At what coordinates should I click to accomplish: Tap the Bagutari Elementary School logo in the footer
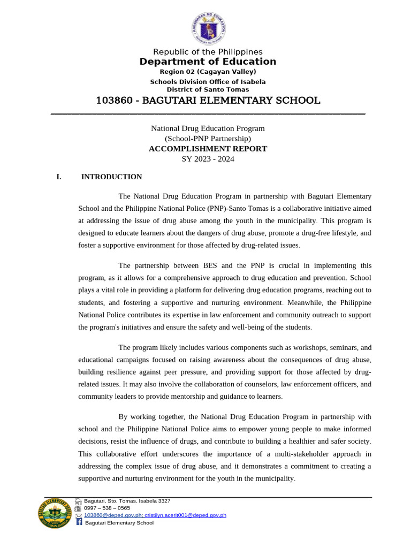tap(55, 513)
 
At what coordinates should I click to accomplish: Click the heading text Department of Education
tap(208, 62)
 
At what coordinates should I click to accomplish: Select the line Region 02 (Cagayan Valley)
tap(208, 72)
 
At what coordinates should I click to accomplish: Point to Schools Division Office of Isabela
tap(208, 82)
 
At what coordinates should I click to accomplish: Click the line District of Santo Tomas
tap(208, 89)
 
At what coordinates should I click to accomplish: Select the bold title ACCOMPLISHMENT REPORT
tap(208, 149)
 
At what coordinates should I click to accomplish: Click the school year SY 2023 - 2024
tap(208, 159)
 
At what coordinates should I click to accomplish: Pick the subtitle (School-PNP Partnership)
tap(208, 139)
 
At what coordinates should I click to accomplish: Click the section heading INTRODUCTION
tap(111, 177)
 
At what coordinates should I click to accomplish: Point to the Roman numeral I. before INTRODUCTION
tap(59, 177)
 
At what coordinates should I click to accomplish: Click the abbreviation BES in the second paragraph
tap(212, 265)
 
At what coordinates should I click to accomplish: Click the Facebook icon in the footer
tap(79, 522)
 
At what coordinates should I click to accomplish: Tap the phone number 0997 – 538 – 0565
tap(107, 508)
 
